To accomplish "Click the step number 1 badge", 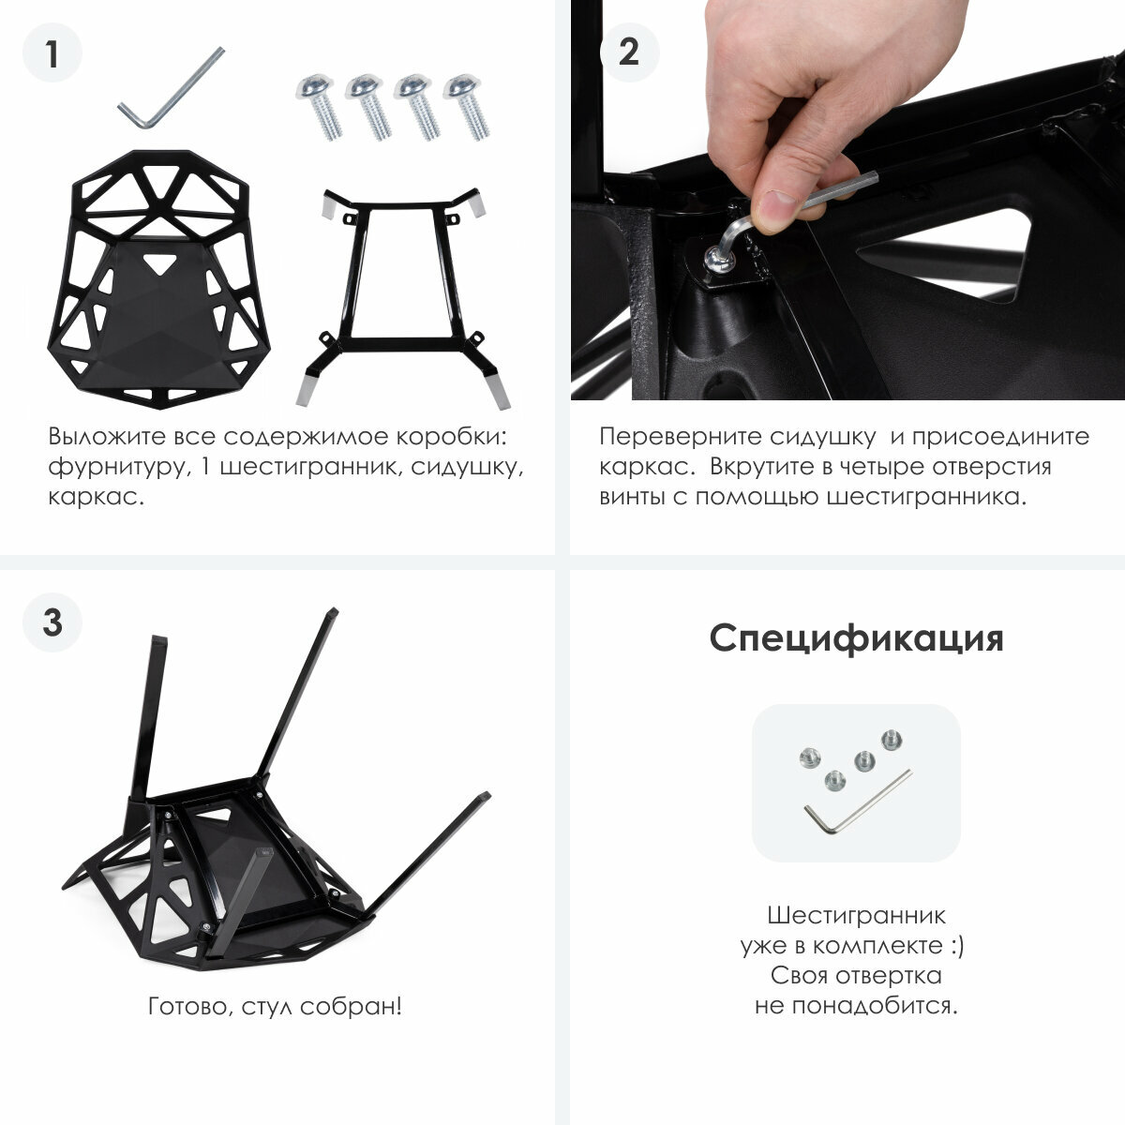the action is [x=52, y=53].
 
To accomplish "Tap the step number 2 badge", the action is [x=629, y=53].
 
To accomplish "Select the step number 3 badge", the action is [x=52, y=622].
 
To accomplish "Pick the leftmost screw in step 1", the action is [x=319, y=106].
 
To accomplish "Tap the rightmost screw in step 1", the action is [x=466, y=106].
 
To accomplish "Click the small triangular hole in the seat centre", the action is [x=158, y=262].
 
